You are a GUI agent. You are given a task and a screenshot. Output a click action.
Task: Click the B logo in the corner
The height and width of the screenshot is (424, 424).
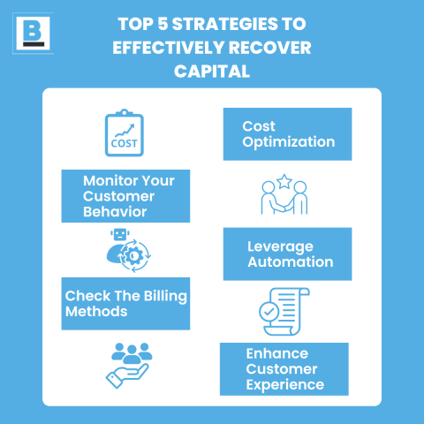click(33, 33)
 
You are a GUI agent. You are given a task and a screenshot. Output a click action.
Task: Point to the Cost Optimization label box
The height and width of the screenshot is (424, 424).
click(287, 133)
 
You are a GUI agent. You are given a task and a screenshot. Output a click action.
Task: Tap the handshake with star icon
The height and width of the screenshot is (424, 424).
click(284, 196)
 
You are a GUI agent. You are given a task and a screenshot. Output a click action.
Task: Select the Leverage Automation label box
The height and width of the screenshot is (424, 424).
click(287, 254)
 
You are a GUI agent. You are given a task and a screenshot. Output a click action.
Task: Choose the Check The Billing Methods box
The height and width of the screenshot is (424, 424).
click(125, 303)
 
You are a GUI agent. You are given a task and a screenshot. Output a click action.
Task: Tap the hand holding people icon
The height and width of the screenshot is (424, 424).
click(130, 366)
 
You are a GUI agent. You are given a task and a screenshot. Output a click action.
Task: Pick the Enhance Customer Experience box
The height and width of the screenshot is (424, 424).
click(284, 368)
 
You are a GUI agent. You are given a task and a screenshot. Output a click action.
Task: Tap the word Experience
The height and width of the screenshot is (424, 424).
click(285, 384)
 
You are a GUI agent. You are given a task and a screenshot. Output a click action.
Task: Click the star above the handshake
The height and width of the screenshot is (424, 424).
click(284, 182)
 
